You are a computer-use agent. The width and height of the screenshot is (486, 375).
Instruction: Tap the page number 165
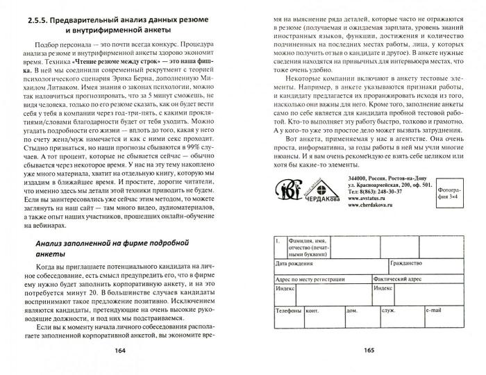point(369,349)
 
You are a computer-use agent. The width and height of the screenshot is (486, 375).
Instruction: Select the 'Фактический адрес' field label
point(388,277)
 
